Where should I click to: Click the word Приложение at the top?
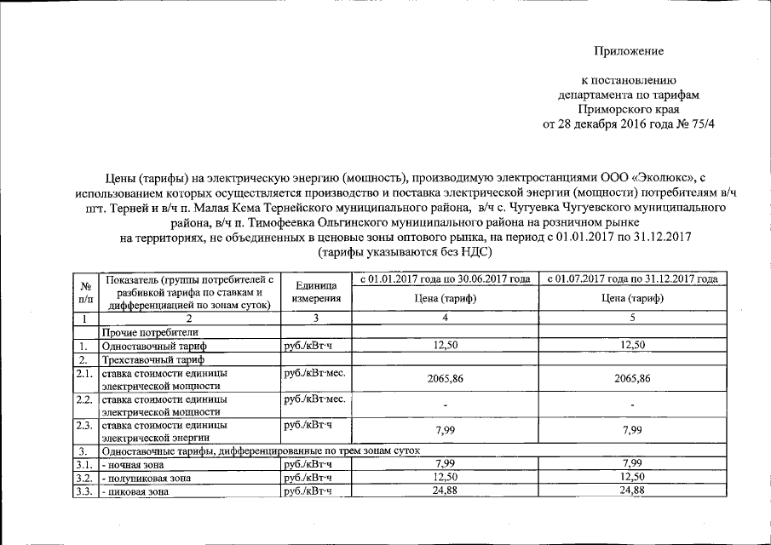point(629,52)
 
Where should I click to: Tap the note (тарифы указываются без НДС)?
point(406,253)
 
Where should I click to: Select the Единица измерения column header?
point(315,293)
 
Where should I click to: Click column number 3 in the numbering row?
point(315,318)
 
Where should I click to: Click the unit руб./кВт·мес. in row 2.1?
point(314,374)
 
